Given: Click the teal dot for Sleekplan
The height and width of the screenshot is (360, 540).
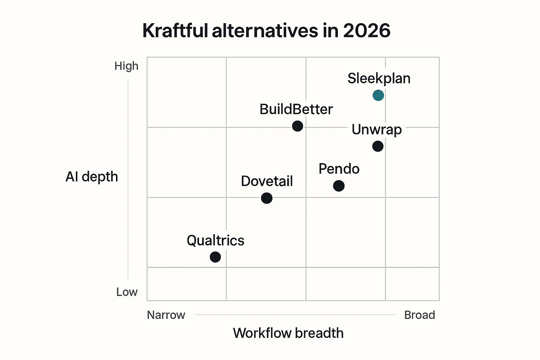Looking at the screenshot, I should click(x=378, y=95).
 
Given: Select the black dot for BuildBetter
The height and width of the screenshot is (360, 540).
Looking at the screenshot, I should click(x=297, y=126).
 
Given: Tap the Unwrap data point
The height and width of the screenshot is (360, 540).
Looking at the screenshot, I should click(x=378, y=146).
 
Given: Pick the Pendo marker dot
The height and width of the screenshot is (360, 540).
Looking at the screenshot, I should click(x=339, y=186).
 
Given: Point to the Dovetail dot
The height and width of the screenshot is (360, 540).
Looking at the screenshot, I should click(x=267, y=198).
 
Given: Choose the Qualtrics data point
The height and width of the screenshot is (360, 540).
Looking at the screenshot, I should click(x=215, y=257).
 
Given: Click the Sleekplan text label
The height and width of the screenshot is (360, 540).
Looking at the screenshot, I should click(x=379, y=78).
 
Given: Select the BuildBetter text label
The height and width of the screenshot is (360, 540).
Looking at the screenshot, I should click(x=296, y=109).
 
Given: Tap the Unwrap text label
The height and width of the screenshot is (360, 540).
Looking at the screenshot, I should click(x=377, y=130).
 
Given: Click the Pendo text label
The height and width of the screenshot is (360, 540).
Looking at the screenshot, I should click(x=339, y=169).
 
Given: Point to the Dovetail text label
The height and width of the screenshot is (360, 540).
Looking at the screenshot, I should click(x=267, y=181).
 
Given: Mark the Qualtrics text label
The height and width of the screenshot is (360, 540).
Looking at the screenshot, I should click(x=216, y=241).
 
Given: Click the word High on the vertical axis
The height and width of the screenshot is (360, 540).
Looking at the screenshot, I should click(x=126, y=66).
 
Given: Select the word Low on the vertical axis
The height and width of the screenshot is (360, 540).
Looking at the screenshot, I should click(x=127, y=292).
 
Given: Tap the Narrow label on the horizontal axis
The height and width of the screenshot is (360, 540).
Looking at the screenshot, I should click(x=166, y=315).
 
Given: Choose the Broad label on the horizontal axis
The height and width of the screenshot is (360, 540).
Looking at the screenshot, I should click(x=419, y=315).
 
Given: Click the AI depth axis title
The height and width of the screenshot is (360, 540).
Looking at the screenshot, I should click(x=92, y=177).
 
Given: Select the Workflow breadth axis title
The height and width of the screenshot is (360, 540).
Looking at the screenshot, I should click(x=288, y=333).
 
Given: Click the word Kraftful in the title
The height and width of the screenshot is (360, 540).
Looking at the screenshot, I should click(x=175, y=31).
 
